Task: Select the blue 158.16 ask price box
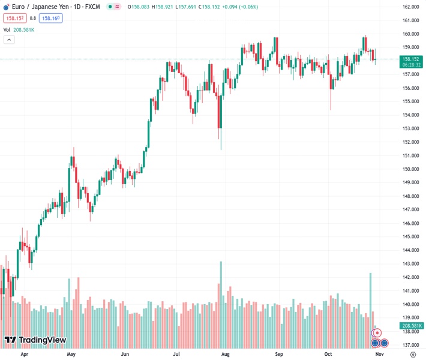(x=51, y=18)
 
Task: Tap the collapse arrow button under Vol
(x=9, y=40)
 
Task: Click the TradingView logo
(x=35, y=340)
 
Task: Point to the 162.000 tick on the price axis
(x=410, y=7)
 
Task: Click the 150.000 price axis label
(x=410, y=169)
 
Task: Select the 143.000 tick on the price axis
(x=410, y=264)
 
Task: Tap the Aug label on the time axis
(x=226, y=355)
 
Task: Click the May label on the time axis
(x=71, y=355)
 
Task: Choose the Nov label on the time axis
(x=379, y=355)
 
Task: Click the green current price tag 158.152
(x=410, y=59)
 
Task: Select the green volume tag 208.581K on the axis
(x=410, y=326)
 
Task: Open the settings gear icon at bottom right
(x=413, y=355)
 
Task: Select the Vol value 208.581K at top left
(x=24, y=29)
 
